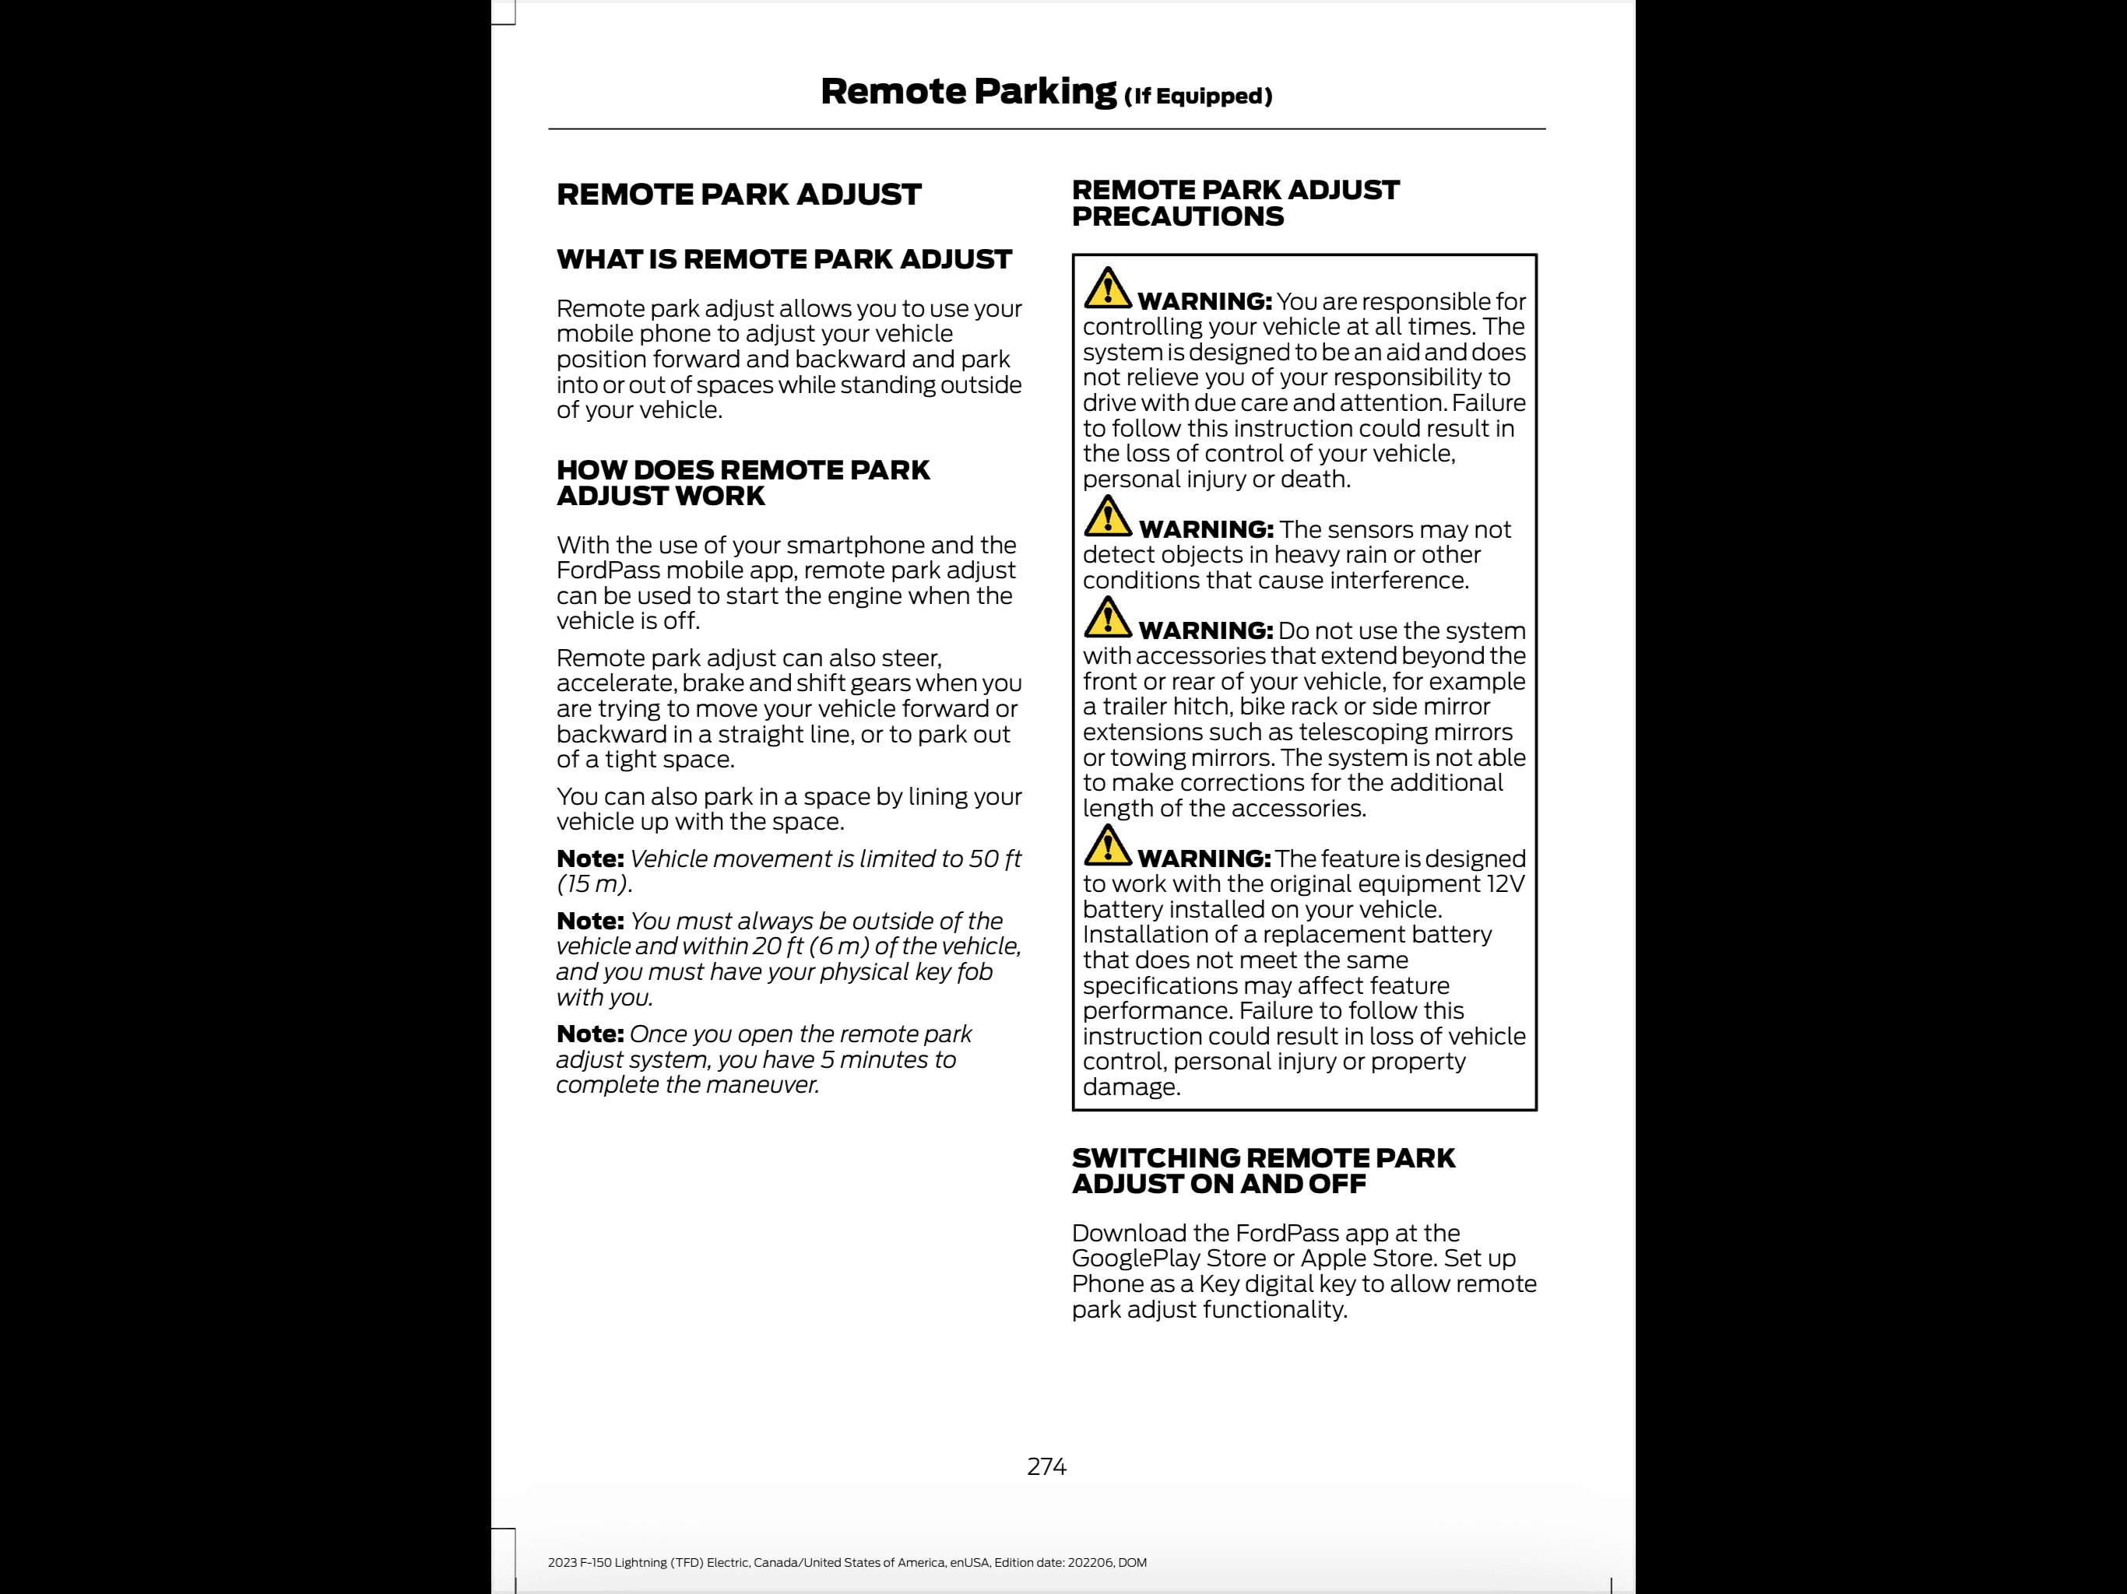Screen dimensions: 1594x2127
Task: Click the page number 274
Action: click(1046, 1466)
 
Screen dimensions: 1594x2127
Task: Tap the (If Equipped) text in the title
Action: click(1198, 97)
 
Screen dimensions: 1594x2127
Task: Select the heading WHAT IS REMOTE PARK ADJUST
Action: click(784, 260)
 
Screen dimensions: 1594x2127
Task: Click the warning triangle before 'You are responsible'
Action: click(1107, 287)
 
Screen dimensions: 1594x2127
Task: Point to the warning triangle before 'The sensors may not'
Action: click(1107, 516)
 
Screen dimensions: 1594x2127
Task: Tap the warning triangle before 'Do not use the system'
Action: click(1107, 617)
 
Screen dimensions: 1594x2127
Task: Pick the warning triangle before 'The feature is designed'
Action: click(1107, 845)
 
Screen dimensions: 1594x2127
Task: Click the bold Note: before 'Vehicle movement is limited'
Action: click(589, 858)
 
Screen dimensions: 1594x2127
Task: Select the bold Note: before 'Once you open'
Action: click(589, 1034)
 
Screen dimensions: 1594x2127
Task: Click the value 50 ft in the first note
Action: click(994, 858)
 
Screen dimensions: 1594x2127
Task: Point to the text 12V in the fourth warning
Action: click(1504, 883)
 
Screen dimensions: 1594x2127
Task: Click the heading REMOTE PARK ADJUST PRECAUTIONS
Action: click(1235, 203)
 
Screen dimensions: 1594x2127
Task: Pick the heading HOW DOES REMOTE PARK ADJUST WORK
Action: click(742, 483)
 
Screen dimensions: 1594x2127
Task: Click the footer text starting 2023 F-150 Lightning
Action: click(846, 1562)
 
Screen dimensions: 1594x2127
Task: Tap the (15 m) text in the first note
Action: click(592, 883)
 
